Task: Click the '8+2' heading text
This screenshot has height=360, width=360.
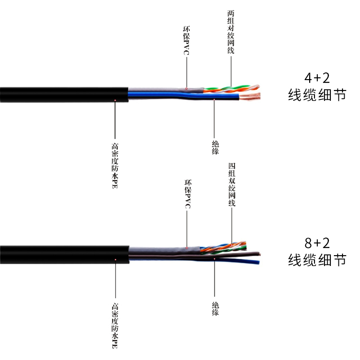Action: (317, 243)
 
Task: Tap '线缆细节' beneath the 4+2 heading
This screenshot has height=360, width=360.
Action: (317, 95)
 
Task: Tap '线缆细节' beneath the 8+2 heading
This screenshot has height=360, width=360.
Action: (317, 260)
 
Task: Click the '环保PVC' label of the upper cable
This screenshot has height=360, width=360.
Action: (186, 43)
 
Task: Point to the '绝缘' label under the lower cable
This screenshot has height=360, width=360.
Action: (215, 308)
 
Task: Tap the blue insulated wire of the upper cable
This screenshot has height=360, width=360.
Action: (180, 95)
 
